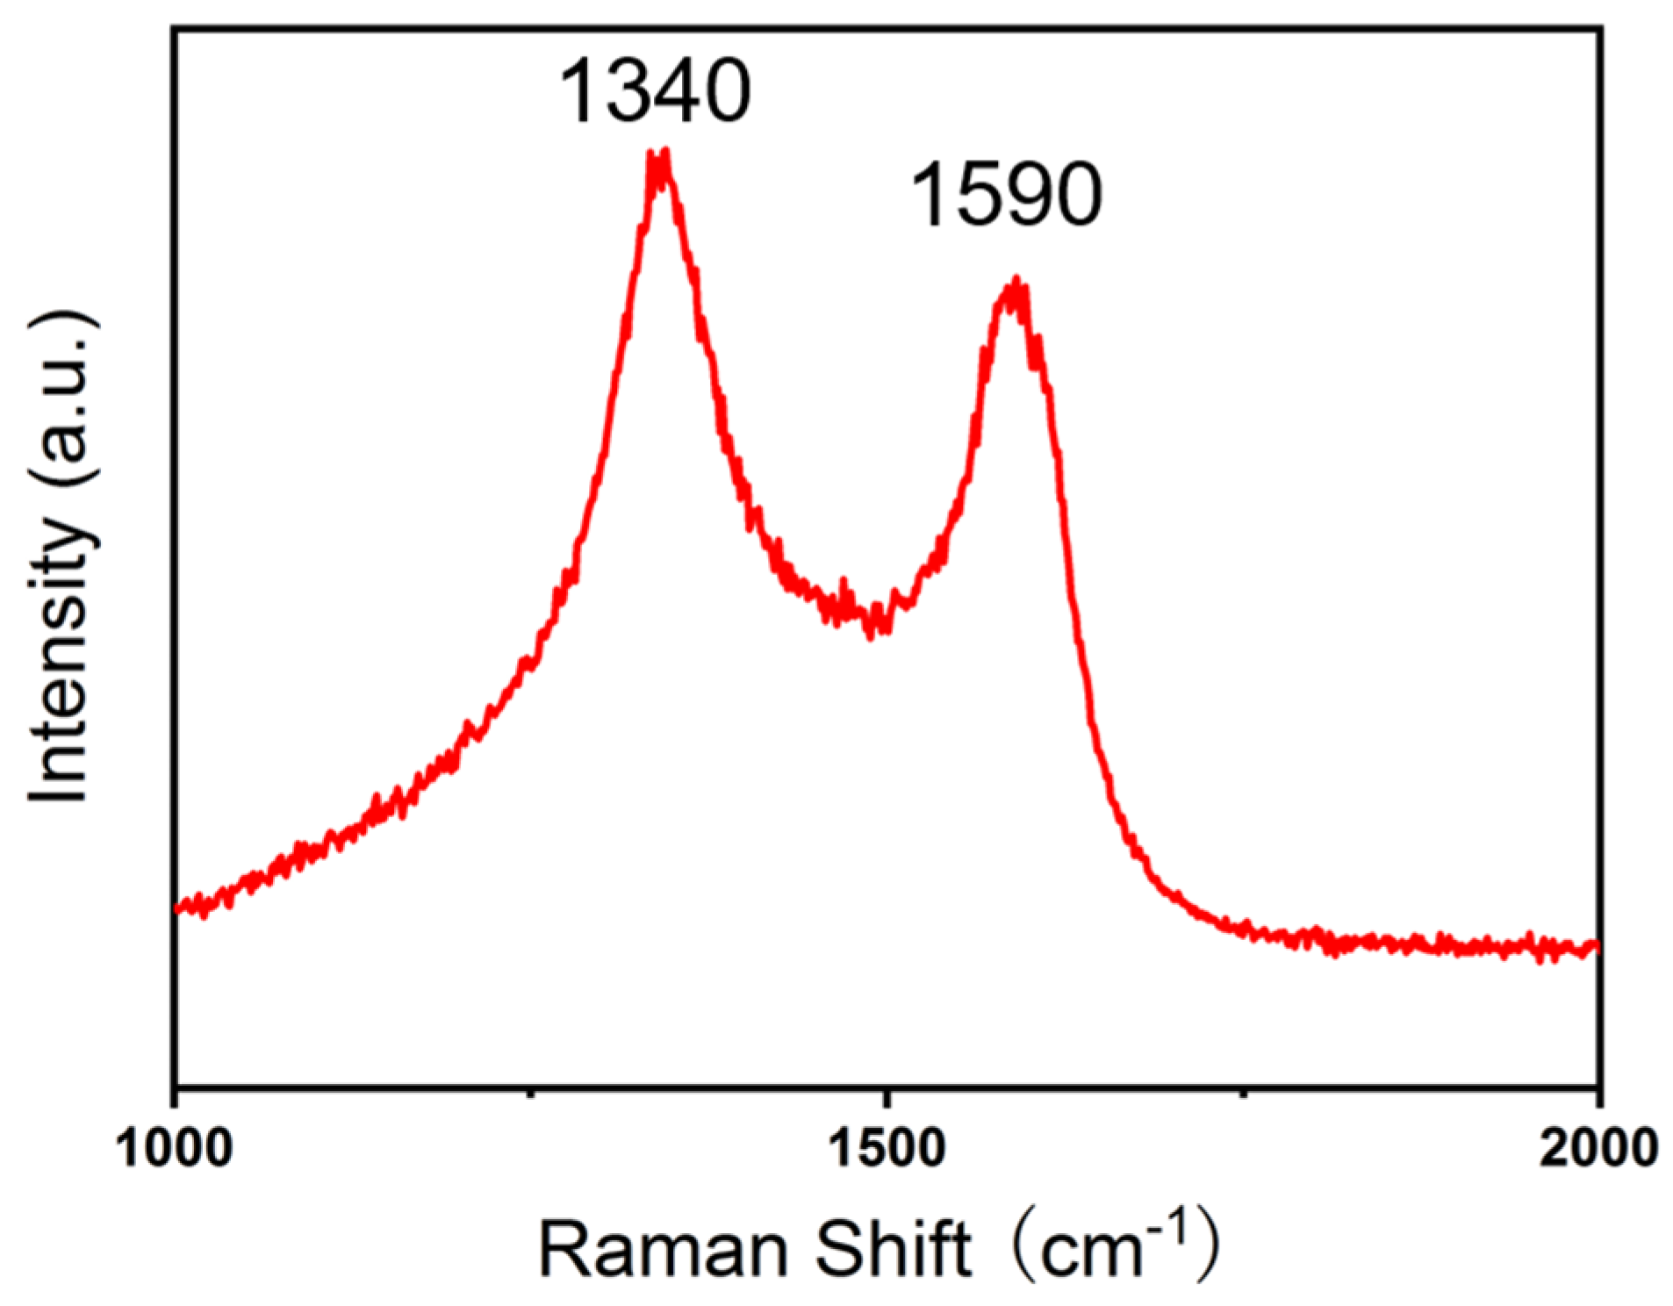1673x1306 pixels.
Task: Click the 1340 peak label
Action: [x=655, y=90]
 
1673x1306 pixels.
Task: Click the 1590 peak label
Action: [x=1006, y=195]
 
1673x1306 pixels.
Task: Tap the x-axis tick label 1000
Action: [x=175, y=1149]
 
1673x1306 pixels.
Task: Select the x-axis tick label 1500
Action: [x=887, y=1149]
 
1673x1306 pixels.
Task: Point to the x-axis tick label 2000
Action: [x=1598, y=1149]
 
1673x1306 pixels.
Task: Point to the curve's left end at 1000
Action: [x=178, y=908]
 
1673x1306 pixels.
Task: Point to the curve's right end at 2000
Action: [x=1596, y=947]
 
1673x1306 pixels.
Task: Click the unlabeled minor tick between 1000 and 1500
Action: [x=530, y=1092]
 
